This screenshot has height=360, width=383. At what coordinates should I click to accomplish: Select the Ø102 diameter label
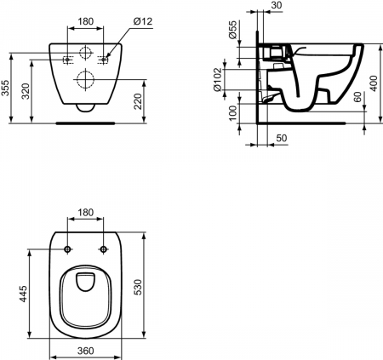coord(232,82)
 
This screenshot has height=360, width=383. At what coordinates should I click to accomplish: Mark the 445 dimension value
coord(25,294)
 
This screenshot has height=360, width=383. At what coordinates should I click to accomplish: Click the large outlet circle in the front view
coord(85,81)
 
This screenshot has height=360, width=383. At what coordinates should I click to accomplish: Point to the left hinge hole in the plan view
coord(66,249)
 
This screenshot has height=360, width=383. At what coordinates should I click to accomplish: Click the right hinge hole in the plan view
coord(105,249)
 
